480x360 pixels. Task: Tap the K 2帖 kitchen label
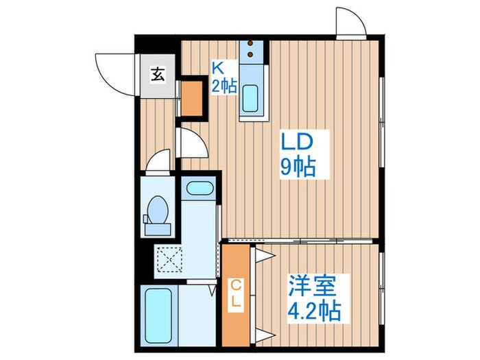click(224, 77)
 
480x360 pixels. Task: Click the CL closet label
click(235, 292)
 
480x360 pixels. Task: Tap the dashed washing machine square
click(167, 259)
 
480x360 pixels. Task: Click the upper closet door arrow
click(265, 256)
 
